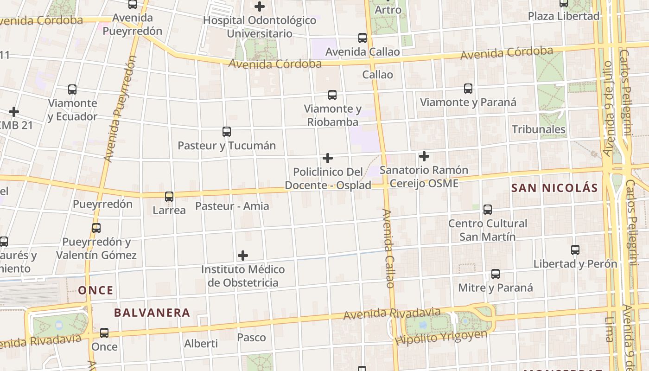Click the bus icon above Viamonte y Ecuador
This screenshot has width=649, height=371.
72,89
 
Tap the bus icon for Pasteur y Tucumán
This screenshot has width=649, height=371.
226,132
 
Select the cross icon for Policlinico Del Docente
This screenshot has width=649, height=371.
328,158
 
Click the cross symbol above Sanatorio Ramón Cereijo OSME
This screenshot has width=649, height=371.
424,156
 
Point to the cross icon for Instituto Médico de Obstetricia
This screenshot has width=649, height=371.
242,256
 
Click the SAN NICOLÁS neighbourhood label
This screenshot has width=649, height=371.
554,188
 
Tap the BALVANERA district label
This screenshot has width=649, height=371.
152,313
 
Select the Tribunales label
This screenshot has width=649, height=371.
539,129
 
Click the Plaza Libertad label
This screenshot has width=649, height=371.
564,16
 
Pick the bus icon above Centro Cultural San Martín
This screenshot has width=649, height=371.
488,209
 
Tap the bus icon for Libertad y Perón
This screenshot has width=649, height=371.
575,250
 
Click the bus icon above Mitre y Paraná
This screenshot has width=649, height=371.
496,274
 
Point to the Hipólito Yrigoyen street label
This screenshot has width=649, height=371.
441,337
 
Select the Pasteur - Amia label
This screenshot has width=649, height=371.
232,206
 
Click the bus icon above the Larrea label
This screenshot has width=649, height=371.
169,197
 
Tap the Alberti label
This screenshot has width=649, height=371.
201,344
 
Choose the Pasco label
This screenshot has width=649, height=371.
251,337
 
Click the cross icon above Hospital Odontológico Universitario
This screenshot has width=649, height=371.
260,6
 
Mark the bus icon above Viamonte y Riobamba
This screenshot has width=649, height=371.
332,95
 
